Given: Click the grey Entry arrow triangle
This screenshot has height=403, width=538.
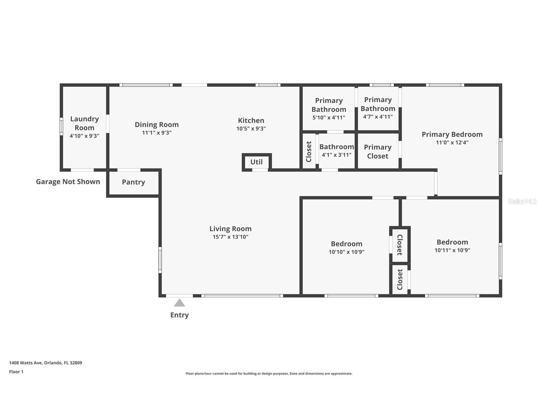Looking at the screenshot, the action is tap(179, 303).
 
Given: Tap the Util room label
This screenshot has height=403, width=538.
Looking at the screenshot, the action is tap(256, 162).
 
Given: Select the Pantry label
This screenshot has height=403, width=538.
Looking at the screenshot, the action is tap(133, 182).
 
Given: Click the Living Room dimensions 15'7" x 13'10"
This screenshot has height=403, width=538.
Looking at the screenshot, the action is tap(230, 237).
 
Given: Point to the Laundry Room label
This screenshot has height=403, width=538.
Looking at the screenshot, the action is tap(84, 123).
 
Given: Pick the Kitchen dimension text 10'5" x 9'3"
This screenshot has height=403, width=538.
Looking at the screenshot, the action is tap(251, 128).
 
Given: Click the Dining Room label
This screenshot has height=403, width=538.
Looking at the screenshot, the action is tap(157, 125).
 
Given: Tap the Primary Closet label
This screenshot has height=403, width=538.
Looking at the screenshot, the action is tap(378, 151).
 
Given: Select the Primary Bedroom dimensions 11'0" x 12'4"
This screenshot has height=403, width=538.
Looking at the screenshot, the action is tap(452, 142).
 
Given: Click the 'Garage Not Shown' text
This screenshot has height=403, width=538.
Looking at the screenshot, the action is tap(68, 182).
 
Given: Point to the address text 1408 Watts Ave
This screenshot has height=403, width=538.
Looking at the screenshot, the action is tap(26, 363).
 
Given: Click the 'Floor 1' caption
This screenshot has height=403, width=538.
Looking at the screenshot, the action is tap(16, 372).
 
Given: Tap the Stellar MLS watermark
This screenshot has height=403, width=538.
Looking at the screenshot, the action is tap(522, 201).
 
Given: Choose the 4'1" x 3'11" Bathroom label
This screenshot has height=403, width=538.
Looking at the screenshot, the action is tap(337, 150).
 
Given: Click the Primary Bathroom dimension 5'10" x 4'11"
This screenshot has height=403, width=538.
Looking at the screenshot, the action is tap(329, 117).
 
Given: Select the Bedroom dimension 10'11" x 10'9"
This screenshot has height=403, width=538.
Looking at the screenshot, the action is tap(452, 250).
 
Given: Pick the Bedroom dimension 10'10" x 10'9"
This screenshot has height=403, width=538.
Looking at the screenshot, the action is tap(347, 252).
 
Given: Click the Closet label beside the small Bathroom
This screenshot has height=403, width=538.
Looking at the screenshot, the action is tap(309, 151).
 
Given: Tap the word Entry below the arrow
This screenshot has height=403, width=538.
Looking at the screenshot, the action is tap(179, 315).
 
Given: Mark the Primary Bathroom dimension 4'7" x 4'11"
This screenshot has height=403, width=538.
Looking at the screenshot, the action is tap(378, 116).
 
